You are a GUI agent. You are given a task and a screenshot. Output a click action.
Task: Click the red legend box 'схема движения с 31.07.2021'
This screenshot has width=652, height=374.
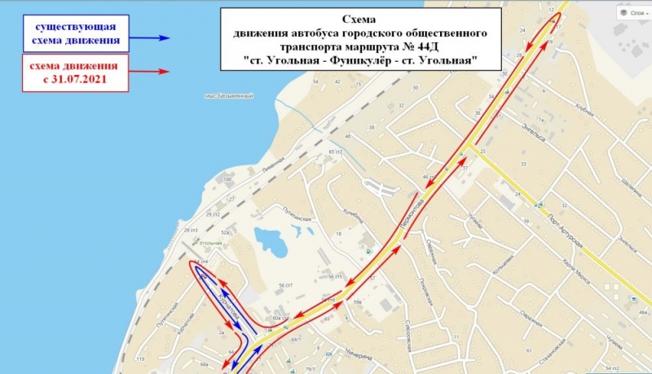coord(73,72)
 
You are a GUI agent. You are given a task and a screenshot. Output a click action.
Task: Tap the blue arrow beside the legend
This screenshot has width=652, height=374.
coord(164,38)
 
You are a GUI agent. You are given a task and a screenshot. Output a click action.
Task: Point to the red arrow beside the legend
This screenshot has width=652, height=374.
coord(164,72)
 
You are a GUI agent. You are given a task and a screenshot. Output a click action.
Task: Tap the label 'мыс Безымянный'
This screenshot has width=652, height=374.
coord(230,96)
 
